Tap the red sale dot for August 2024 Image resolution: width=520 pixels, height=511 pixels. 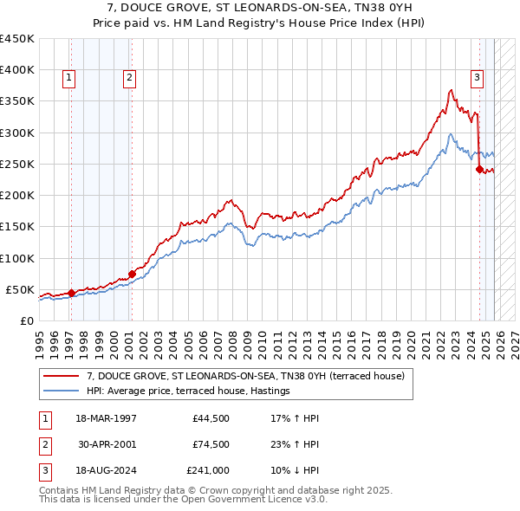479,170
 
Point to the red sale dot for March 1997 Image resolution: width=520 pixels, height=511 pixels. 71,293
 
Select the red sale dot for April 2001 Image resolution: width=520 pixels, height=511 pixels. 132,274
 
